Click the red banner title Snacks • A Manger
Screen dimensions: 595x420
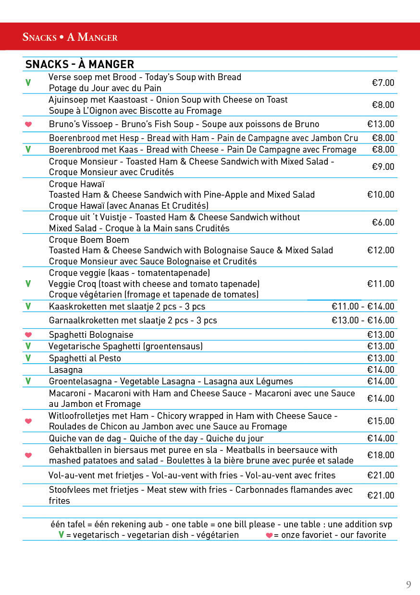tap(70, 37)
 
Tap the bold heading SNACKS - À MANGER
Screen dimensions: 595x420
tap(80, 64)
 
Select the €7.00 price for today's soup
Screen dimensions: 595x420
tap(383, 83)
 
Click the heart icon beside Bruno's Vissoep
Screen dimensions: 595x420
tap(28, 124)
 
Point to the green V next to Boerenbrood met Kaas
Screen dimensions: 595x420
tap(28, 150)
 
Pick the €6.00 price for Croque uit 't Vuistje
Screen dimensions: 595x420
tap(383, 222)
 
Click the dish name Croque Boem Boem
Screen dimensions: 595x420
tap(89, 239)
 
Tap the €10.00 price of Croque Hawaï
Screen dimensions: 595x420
tap(381, 194)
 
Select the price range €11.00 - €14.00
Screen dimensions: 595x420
tap(363, 306)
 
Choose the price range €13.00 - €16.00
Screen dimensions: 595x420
tap(363, 320)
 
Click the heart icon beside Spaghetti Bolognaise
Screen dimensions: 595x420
tap(28, 334)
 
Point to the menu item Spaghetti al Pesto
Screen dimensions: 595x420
tap(85, 358)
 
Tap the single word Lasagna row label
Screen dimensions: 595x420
tap(66, 369)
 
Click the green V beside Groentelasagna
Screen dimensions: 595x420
tap(28, 381)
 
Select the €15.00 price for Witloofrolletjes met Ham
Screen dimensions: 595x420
tap(381, 421)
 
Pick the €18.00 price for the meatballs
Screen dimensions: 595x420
tap(381, 455)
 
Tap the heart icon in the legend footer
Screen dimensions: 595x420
tap(270, 535)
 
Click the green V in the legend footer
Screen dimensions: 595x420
tap(61, 535)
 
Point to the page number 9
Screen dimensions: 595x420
tap(408, 584)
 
